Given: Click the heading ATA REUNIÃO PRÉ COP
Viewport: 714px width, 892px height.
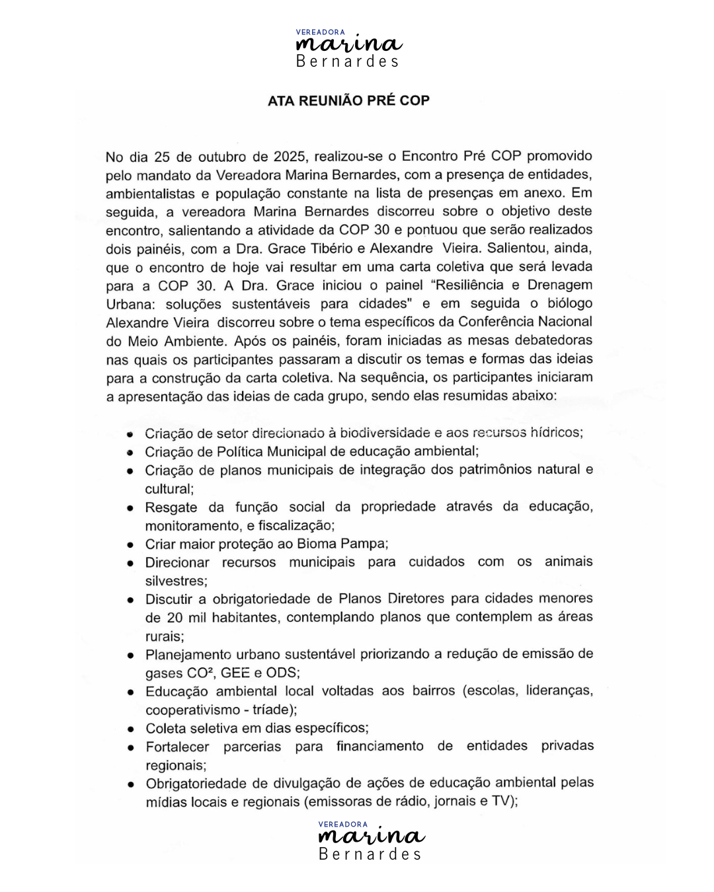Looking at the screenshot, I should coord(348,100).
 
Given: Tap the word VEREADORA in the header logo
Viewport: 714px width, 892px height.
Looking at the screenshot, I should coord(320,32).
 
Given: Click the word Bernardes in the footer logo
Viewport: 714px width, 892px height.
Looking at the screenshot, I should coord(370,854).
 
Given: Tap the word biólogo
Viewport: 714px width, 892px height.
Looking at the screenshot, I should coord(570,303).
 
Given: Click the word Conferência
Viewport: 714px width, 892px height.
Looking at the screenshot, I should coord(495,322).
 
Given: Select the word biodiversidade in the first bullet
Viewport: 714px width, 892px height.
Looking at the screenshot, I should coord(385,433).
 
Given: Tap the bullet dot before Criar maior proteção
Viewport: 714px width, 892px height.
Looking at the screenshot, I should coord(131,545).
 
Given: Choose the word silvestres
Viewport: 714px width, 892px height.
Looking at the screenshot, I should coord(176,581).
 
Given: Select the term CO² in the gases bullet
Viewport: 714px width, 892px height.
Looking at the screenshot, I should coord(198,673).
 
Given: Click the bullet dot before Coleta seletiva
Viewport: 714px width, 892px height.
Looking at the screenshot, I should coord(131,729).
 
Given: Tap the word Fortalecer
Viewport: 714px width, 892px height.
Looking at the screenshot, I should coord(177,747).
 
